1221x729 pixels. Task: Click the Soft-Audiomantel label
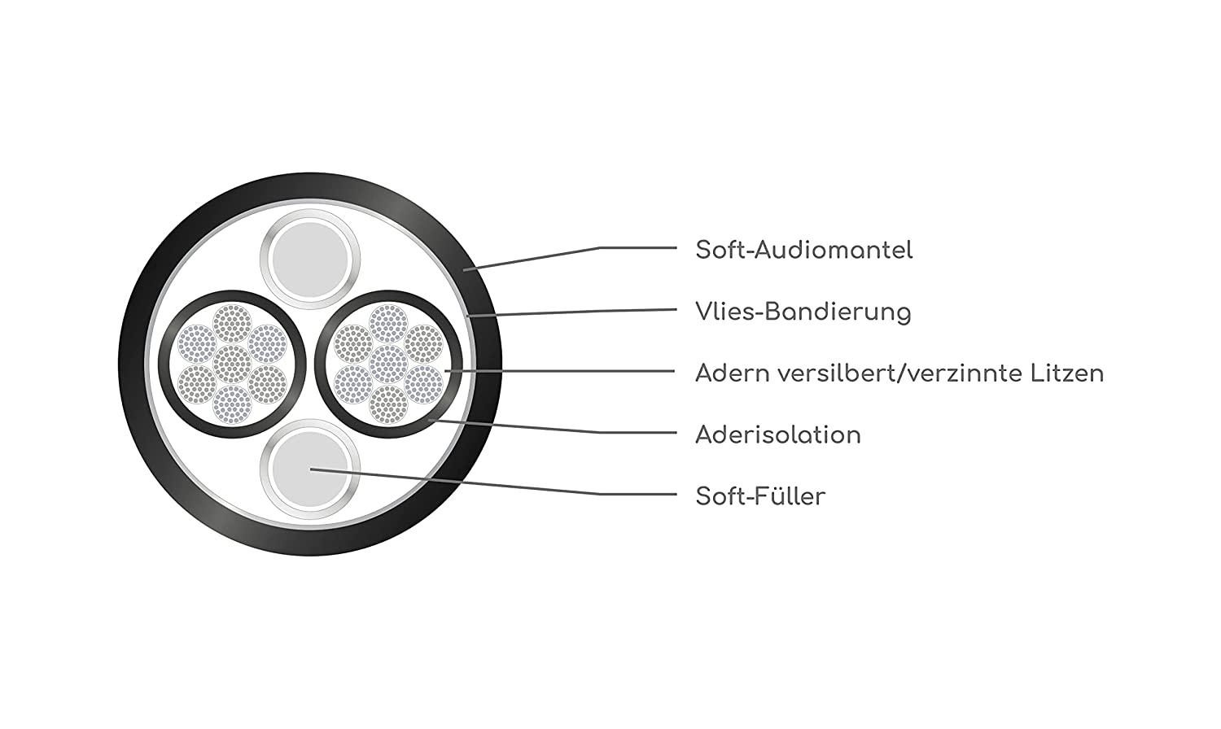click(x=803, y=250)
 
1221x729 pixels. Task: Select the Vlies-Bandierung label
click(x=803, y=312)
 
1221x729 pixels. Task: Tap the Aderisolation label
click(x=777, y=434)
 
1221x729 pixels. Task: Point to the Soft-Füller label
click(x=760, y=496)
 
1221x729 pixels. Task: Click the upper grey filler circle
click(x=310, y=260)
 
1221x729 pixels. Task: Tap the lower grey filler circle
click(x=310, y=469)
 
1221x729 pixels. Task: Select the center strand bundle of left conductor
click(x=232, y=364)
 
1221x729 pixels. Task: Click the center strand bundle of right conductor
click(x=388, y=364)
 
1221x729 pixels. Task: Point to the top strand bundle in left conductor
click(x=232, y=322)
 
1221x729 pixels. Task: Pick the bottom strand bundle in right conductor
click(x=388, y=404)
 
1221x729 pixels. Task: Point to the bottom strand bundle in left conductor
click(x=232, y=404)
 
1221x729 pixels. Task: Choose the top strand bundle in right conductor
click(x=388, y=322)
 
